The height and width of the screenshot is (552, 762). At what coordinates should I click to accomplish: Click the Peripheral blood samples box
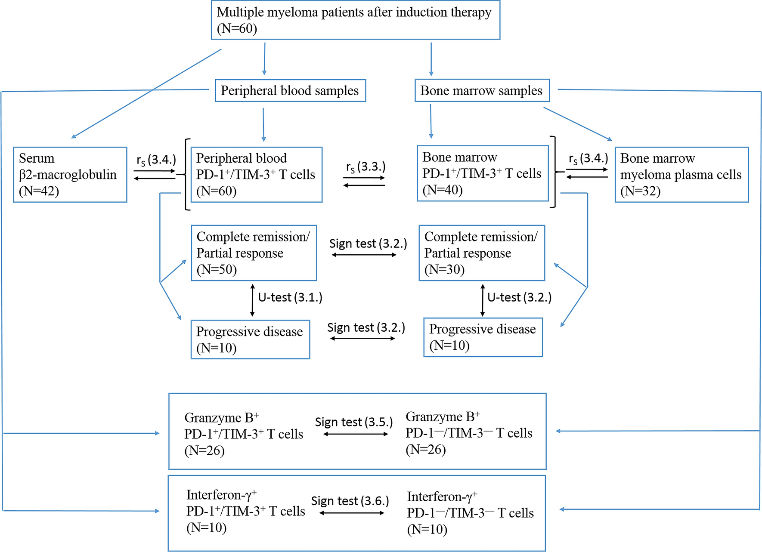(x=290, y=90)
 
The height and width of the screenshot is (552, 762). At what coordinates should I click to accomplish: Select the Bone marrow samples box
(x=481, y=90)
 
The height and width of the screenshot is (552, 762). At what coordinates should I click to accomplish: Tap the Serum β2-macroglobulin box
(x=70, y=174)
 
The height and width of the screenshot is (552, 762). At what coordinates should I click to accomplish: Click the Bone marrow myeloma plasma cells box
(x=681, y=174)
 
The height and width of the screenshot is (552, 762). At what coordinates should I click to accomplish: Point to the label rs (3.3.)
(x=366, y=167)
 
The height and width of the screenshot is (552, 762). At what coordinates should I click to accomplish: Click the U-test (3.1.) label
(x=290, y=297)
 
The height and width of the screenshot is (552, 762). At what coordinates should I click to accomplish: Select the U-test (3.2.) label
(x=519, y=297)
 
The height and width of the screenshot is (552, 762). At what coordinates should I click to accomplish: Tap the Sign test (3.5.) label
(x=353, y=422)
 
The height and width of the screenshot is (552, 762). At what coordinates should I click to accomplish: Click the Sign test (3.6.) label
(x=350, y=501)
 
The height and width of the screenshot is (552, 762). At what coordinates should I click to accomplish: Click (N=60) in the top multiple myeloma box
(x=237, y=29)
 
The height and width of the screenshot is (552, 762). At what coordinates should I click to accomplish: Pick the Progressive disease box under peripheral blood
(x=250, y=339)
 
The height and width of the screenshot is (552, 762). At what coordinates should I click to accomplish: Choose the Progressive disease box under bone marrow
(x=483, y=337)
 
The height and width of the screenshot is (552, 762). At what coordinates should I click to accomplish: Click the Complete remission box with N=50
(x=254, y=253)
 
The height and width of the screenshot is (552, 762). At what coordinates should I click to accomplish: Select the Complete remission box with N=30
(x=481, y=253)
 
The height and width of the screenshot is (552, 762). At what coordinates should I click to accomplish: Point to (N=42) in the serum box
(x=39, y=191)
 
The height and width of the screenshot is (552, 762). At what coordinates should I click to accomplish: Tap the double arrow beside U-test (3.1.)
(x=252, y=300)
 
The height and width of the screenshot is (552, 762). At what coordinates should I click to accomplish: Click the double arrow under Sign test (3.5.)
(x=356, y=434)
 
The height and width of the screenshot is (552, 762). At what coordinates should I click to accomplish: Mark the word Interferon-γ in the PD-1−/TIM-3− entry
(x=439, y=497)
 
